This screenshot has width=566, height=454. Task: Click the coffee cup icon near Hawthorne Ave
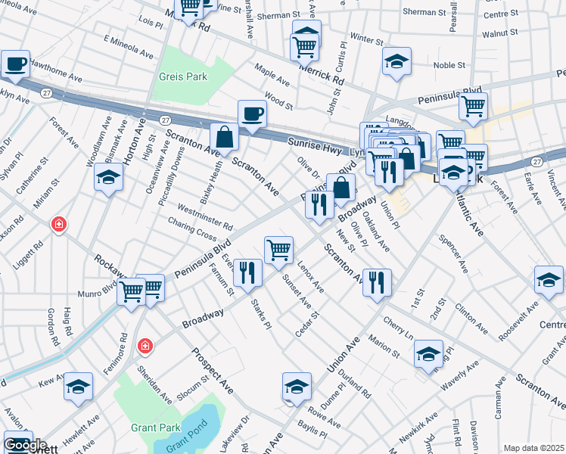pos(15,64)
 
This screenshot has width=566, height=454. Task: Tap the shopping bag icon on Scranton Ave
pos(225,138)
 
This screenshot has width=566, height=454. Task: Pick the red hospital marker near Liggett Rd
pos(58,224)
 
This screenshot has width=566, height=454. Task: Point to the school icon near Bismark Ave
pos(108,178)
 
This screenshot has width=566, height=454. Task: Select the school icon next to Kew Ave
pos(78,387)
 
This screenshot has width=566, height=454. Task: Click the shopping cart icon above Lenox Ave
pos(278,250)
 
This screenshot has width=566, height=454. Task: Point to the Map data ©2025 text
pos(534,448)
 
